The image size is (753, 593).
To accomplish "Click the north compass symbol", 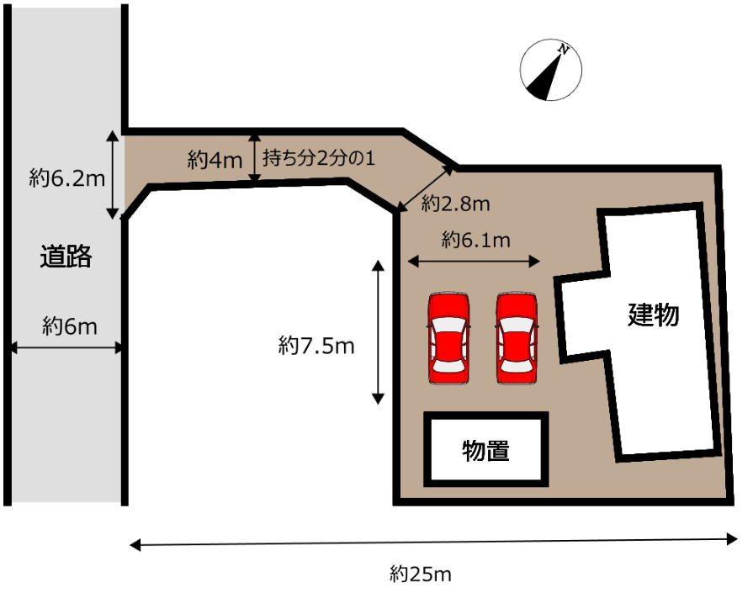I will [x=550, y=71].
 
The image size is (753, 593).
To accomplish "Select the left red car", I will [x=448, y=339].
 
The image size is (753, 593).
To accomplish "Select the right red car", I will [x=516, y=339].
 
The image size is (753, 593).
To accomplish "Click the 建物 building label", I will [x=654, y=315].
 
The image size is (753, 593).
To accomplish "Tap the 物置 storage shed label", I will [x=485, y=451].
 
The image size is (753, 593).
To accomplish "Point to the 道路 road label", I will [x=66, y=257].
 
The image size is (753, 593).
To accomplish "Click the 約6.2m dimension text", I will [x=66, y=177].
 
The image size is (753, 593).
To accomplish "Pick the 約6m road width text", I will [x=70, y=326].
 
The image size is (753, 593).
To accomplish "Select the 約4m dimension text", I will [x=215, y=158].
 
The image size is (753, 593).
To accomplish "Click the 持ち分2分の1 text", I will [x=318, y=157].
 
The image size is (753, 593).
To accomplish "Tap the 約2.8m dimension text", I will [x=455, y=203].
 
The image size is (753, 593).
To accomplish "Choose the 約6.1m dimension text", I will [x=476, y=241].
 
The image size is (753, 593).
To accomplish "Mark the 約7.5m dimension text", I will [x=316, y=345].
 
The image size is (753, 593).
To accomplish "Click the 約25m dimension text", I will [x=421, y=574].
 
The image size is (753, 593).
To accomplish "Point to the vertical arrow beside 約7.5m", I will [x=379, y=331].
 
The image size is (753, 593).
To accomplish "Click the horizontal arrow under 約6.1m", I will [x=473, y=262].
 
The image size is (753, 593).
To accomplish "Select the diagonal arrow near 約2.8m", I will [x=427, y=189].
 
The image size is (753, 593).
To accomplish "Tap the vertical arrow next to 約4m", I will [x=255, y=157].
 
